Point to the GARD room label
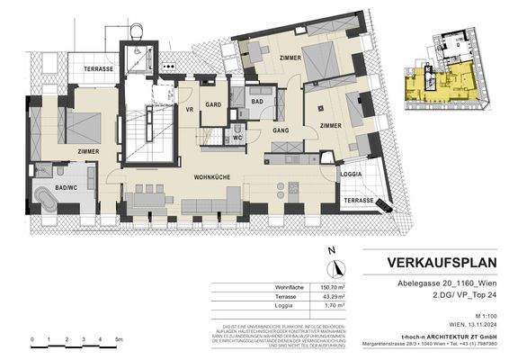[212, 103]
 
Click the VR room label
[190, 110]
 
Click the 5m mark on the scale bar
[119, 339]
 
